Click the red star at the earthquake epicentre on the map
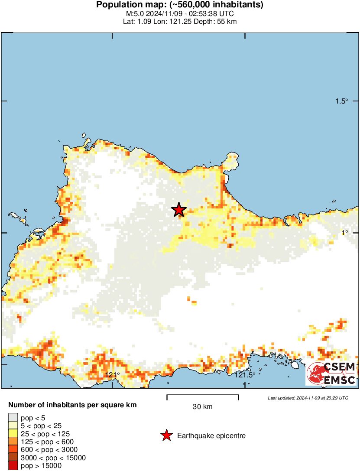click(x=178, y=210)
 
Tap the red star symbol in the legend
click(x=166, y=435)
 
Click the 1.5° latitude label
click(x=342, y=101)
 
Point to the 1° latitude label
click(x=344, y=233)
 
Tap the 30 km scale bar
click(x=203, y=396)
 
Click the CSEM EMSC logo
click(x=331, y=374)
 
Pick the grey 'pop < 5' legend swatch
click(x=13, y=418)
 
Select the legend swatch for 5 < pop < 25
click(x=13, y=426)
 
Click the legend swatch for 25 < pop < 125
click(x=13, y=433)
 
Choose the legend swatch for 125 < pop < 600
click(x=13, y=442)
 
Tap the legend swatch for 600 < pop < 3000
click(x=13, y=449)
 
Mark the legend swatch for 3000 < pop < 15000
click(x=13, y=458)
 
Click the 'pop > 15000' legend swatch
click(x=13, y=465)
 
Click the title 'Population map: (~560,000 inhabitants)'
click(x=180, y=5)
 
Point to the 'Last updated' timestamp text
click(x=308, y=398)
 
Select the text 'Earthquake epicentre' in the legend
click(x=211, y=436)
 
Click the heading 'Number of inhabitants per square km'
click(x=73, y=406)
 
